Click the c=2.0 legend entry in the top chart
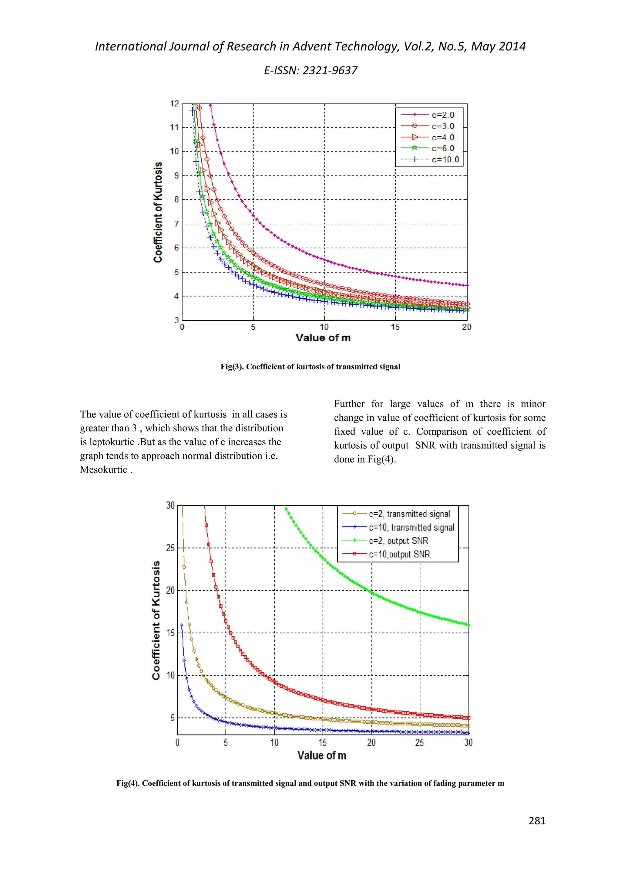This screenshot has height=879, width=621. pyautogui.click(x=442, y=115)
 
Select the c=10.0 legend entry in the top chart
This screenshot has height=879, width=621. pyautogui.click(x=445, y=160)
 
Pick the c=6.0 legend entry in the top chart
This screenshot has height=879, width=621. pyautogui.click(x=442, y=148)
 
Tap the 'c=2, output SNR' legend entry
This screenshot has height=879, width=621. pyautogui.click(x=398, y=541)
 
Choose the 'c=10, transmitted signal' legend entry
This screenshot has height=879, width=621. pyautogui.click(x=411, y=528)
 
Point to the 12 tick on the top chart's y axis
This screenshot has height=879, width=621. pyautogui.click(x=174, y=104)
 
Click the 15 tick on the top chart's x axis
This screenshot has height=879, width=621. pyautogui.click(x=395, y=327)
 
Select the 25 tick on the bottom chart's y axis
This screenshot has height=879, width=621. pyautogui.click(x=170, y=548)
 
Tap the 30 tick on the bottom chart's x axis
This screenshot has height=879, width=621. pyautogui.click(x=468, y=743)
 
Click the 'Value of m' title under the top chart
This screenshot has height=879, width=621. pyautogui.click(x=323, y=338)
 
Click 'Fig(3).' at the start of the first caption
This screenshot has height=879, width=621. pyautogui.click(x=232, y=367)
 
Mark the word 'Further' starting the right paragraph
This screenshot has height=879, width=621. pyautogui.click(x=349, y=404)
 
